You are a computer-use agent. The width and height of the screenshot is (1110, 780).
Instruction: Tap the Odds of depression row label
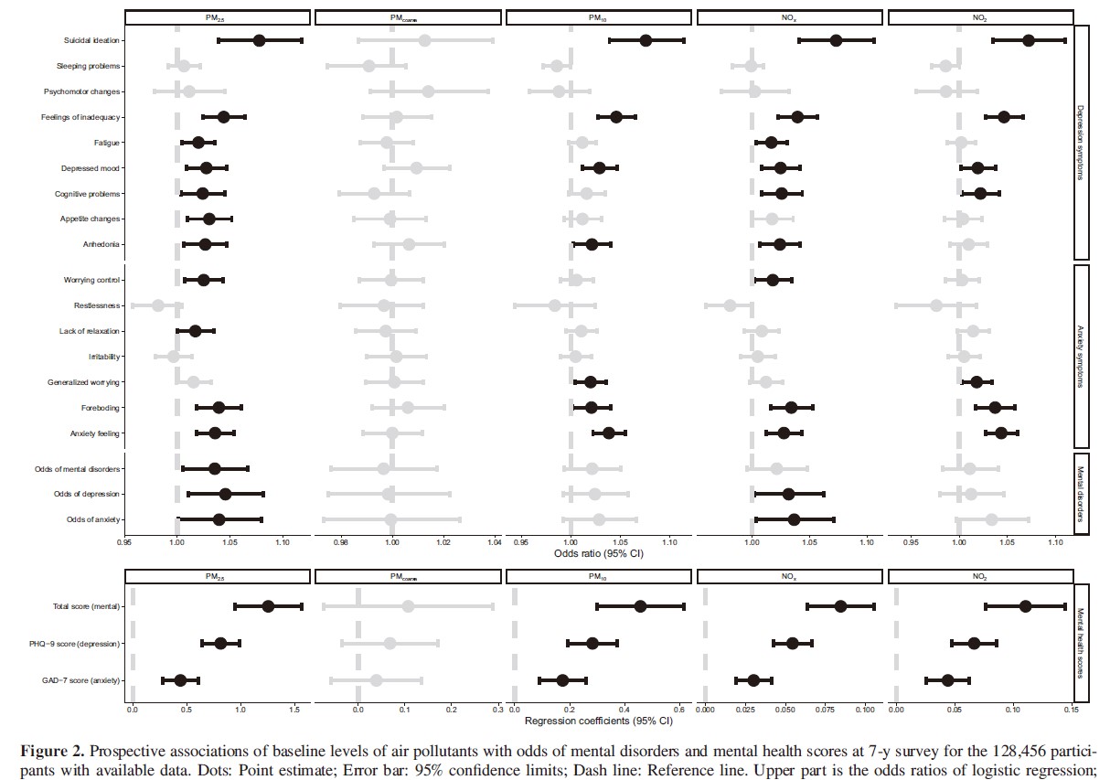(88, 495)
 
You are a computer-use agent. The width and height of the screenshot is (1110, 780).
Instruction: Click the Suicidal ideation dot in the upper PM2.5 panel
(260, 40)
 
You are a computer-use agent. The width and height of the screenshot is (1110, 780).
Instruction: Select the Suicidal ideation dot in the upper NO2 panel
(1029, 40)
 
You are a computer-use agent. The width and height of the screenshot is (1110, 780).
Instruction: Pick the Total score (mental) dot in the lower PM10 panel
(640, 606)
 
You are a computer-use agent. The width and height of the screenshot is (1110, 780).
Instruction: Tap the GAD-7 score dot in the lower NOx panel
(753, 680)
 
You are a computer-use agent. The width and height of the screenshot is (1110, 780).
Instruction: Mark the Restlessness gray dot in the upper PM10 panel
(554, 305)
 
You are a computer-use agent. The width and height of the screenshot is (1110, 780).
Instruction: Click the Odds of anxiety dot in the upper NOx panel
(794, 520)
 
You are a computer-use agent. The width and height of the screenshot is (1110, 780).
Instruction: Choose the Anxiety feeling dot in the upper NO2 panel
(1001, 433)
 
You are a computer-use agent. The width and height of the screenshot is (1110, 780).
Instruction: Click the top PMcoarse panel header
(407, 17)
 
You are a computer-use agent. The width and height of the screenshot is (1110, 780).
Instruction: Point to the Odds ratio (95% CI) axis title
(598, 553)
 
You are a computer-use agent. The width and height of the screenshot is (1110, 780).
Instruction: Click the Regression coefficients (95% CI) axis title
(598, 721)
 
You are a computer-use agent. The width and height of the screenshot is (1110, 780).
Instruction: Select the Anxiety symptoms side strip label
(1081, 356)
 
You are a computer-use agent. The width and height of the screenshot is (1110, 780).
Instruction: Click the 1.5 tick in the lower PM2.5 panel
(294, 710)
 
